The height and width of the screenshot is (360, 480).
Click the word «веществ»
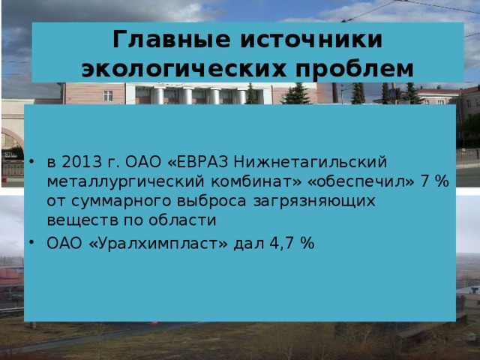click(x=76, y=220)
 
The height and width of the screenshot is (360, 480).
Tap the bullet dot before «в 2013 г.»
click(x=28, y=163)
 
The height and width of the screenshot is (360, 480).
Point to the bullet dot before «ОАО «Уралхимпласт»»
click(x=28, y=244)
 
